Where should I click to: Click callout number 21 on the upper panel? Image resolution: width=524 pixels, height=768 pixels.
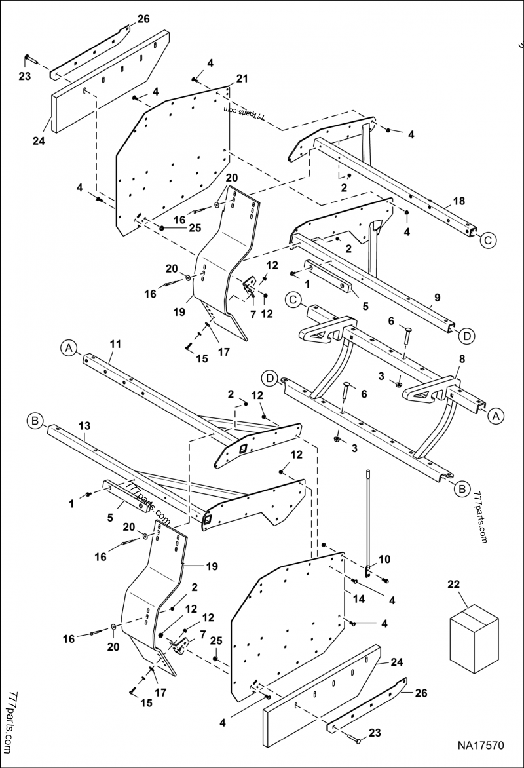pos(242,79)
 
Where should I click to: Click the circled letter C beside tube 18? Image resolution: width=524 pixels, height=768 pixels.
pos(487,240)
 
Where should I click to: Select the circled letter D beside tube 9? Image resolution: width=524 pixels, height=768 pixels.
pos(466,336)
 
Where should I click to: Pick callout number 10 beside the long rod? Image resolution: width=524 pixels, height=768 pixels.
pos(384,559)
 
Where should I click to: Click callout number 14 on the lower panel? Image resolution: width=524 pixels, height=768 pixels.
pos(359,599)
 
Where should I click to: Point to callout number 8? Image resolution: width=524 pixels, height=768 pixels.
pos(462,360)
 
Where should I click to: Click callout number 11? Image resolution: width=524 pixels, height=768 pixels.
pos(115,343)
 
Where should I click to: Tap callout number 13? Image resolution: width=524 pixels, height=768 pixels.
pos(85,426)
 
